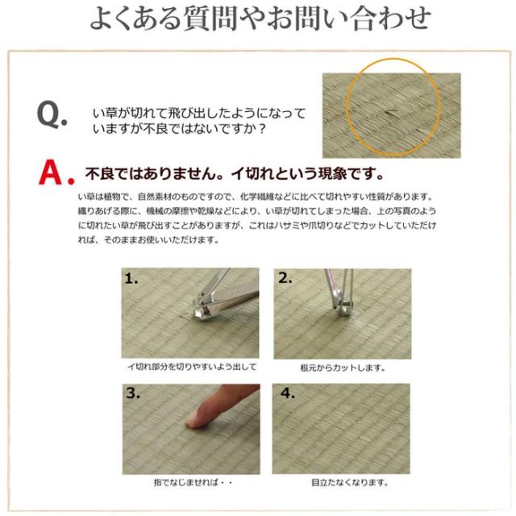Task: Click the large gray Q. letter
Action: pyautogui.click(x=52, y=114)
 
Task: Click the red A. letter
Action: pyautogui.click(x=56, y=173)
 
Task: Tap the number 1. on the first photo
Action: pyautogui.click(x=131, y=279)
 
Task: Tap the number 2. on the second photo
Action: pyautogui.click(x=285, y=278)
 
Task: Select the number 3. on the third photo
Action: pyautogui.click(x=133, y=393)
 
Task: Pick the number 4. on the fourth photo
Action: pyautogui.click(x=287, y=393)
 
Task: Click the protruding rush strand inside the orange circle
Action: pyautogui.click(x=393, y=113)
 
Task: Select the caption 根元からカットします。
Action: pyautogui.click(x=343, y=368)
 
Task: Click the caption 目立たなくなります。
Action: pyautogui.click(x=349, y=482)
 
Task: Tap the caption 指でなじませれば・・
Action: pyautogui.click(x=193, y=482)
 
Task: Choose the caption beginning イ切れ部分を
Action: pyautogui.click(x=192, y=367)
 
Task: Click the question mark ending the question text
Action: pyautogui.click(x=262, y=128)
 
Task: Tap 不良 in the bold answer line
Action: pyautogui.click(x=100, y=173)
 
